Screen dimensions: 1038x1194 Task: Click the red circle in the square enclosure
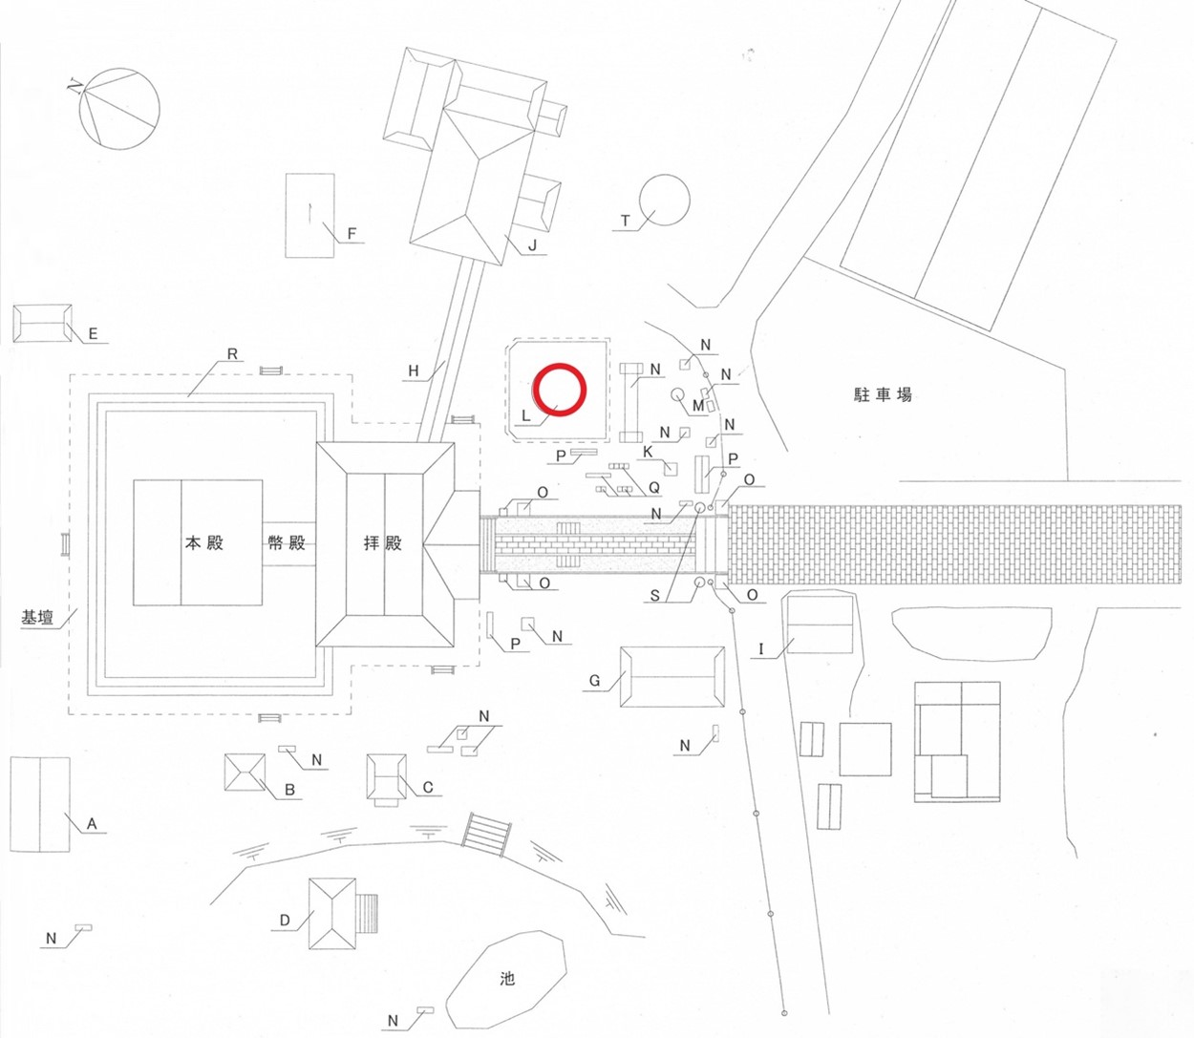559,391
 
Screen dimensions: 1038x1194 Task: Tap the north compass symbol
119,108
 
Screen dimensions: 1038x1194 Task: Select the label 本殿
204,542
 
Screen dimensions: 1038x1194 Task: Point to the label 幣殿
287,542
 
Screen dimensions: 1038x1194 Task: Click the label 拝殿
382,542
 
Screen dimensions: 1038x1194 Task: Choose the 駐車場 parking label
882,394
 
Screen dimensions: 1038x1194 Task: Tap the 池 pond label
507,978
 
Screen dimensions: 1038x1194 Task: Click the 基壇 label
37,617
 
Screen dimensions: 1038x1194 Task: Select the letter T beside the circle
626,221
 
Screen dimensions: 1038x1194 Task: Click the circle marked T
664,201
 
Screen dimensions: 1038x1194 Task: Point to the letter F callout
352,234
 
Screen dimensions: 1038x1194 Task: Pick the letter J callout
532,246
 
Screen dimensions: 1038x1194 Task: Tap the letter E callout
93,333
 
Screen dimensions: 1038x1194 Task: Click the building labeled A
40,804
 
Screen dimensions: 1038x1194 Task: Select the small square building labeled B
245,772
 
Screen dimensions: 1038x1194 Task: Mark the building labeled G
672,677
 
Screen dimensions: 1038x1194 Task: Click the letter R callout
232,354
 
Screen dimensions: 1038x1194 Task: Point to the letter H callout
414,371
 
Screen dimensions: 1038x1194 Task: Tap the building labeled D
332,914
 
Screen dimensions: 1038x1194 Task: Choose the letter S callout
654,596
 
